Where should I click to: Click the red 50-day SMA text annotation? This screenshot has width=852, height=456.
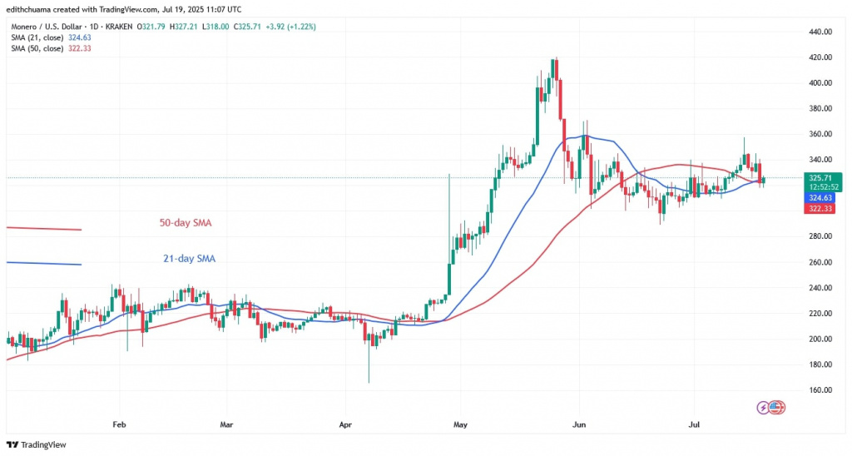click(x=190, y=223)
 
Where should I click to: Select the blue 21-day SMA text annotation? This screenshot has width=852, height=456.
click(x=189, y=259)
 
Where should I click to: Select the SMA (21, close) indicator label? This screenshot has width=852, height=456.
click(x=50, y=37)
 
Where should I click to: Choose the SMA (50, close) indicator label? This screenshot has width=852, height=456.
click(x=50, y=50)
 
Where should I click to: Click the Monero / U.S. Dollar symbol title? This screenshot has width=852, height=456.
click(x=50, y=25)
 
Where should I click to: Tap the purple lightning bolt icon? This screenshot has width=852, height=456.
click(x=763, y=408)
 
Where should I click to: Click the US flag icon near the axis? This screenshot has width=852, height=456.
click(x=777, y=408)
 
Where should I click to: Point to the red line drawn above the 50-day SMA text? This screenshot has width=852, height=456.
click(x=43, y=228)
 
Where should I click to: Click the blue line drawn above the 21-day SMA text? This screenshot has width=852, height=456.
click(x=43, y=264)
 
